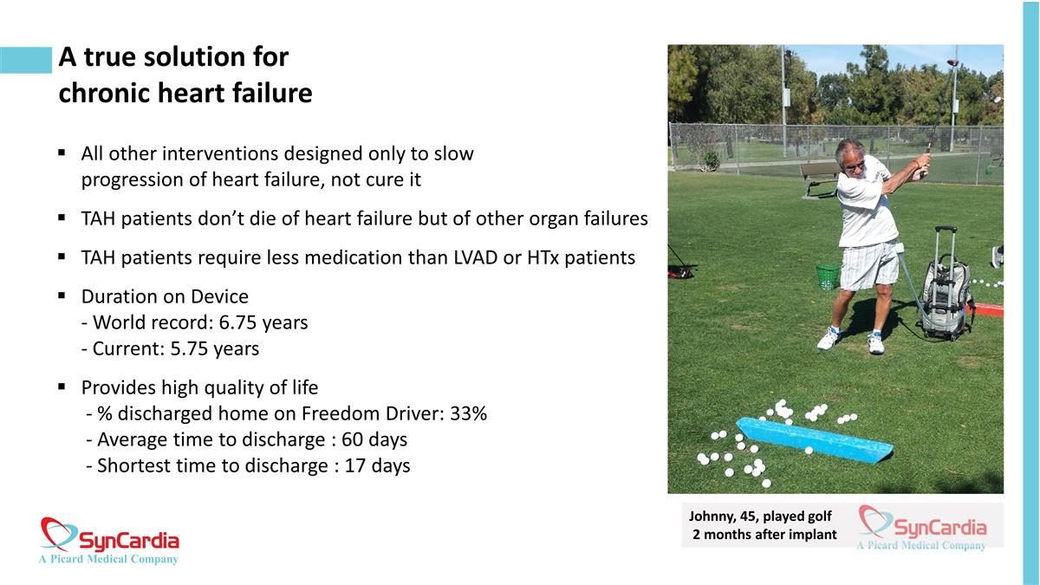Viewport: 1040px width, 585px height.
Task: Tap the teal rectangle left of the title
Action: point(26,60)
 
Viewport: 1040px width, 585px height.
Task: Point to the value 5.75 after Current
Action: point(189,348)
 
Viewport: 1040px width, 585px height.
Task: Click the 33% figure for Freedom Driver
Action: point(469,413)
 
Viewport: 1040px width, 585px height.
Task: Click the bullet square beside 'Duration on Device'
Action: point(62,296)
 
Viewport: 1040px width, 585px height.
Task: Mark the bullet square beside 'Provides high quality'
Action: point(62,387)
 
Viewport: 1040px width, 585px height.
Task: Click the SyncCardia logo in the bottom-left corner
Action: point(109,541)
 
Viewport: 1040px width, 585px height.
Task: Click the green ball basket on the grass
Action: point(828,276)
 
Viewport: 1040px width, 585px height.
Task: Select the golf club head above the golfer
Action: point(952,62)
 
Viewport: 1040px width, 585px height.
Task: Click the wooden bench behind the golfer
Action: point(821,179)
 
